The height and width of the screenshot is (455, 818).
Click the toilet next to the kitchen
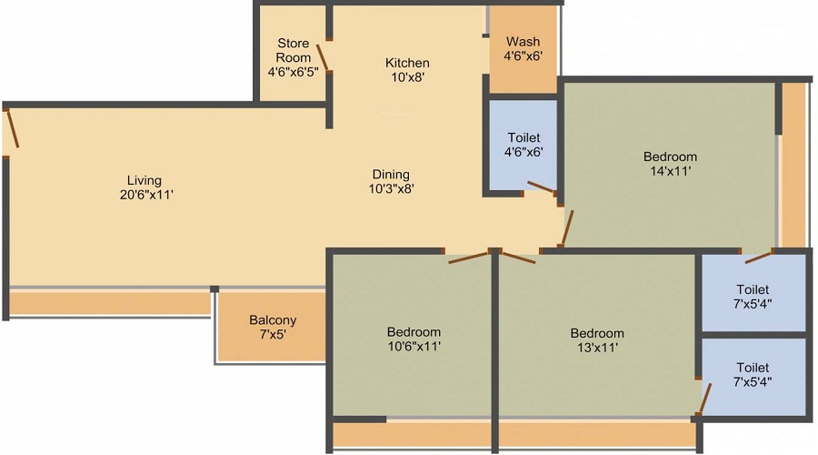coord(524,145)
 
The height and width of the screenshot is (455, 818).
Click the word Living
coord(144,180)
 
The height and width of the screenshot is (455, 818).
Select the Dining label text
coord(391,175)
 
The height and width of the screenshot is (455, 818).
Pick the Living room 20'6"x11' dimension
coord(144,194)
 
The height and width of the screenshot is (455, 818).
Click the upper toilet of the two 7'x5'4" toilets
coord(753,296)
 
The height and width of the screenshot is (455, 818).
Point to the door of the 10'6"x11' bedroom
coord(469,258)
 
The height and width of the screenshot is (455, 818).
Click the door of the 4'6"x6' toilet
coord(543,188)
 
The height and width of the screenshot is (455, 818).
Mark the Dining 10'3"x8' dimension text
coord(391,189)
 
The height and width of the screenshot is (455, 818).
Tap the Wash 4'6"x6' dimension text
coord(523,56)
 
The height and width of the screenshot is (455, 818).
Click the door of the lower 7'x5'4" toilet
coord(704,398)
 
